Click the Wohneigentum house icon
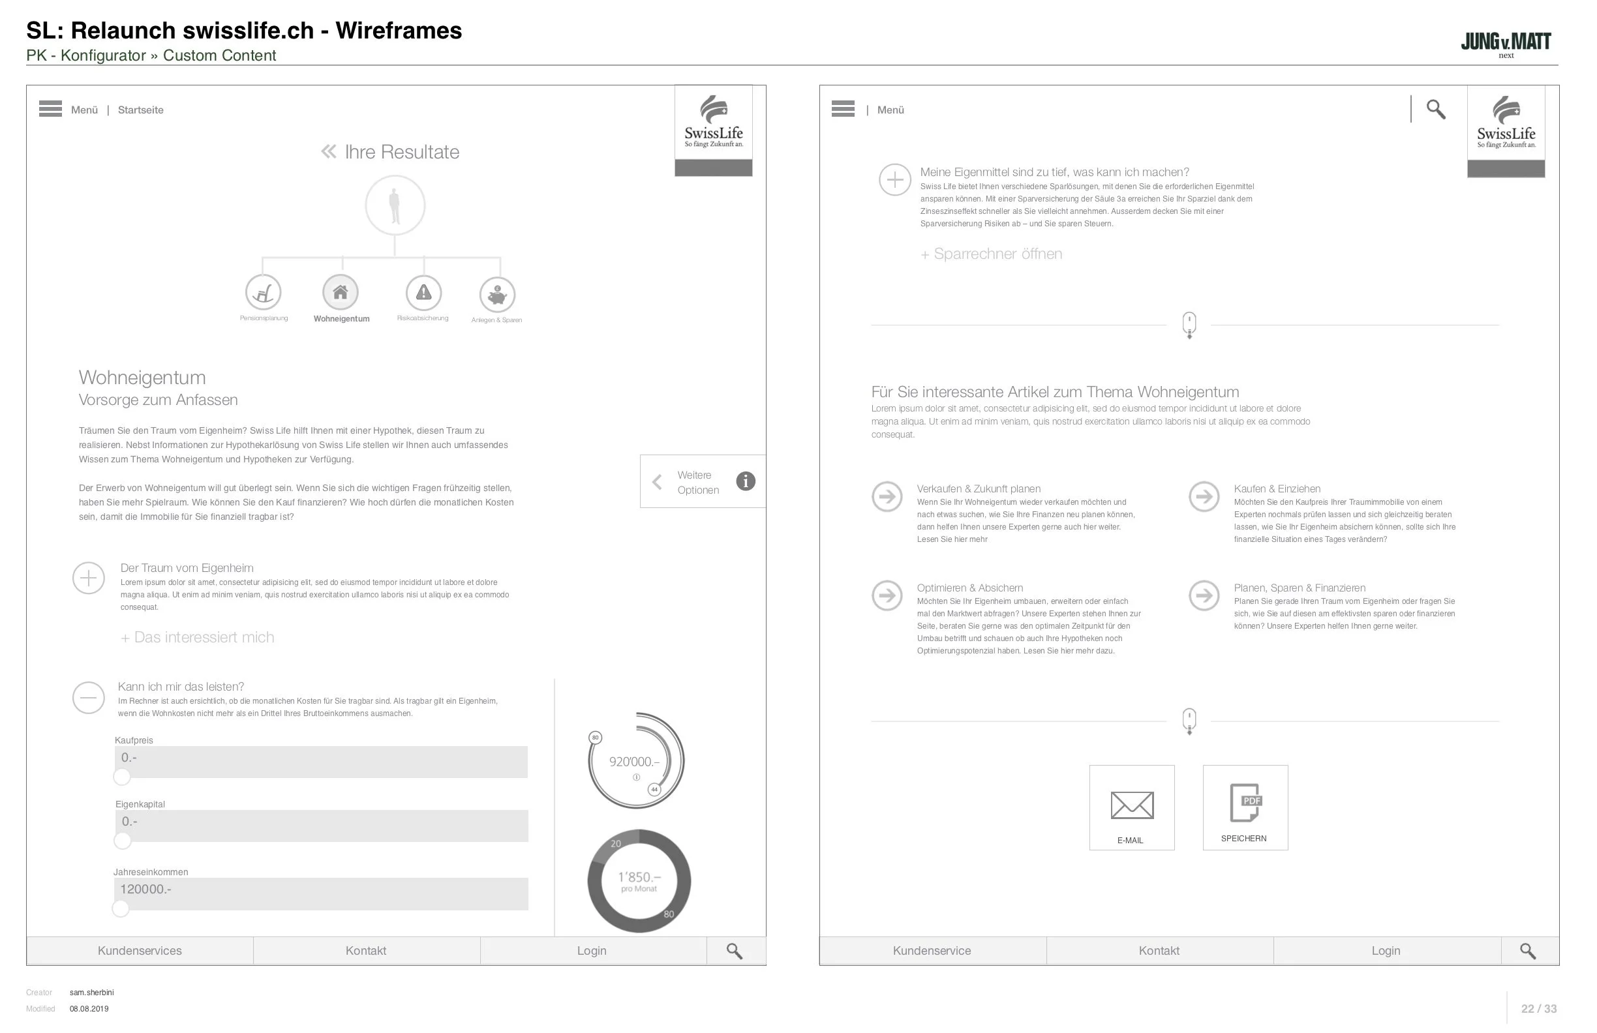tap(341, 293)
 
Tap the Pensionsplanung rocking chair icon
tap(263, 293)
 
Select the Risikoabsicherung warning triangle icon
tap(423, 293)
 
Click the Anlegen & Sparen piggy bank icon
tap(497, 295)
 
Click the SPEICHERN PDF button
tap(1245, 808)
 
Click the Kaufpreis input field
tap(321, 762)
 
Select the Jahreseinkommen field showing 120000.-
tap(321, 894)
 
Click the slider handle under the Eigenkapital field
tap(123, 841)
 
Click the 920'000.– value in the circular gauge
tap(634, 762)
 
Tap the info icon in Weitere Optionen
tap(746, 482)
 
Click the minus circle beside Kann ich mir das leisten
tap(89, 698)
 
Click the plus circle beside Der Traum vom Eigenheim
tap(89, 579)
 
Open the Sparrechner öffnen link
tap(991, 254)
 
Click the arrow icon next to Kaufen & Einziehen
tap(1204, 497)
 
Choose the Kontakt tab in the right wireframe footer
tap(1159, 951)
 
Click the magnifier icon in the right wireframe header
tap(1435, 110)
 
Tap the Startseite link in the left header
tap(140, 110)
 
